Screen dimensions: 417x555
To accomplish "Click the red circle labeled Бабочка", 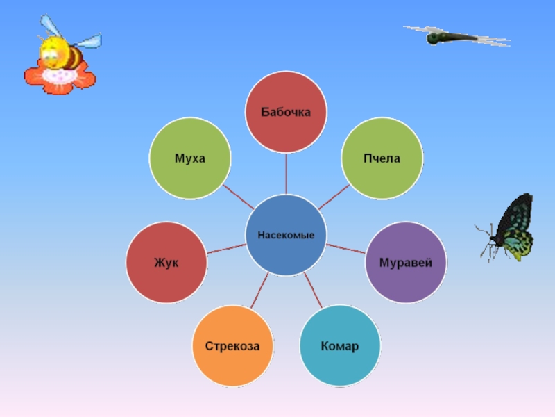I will [x=286, y=112].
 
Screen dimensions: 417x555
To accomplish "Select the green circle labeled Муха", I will [x=189, y=158].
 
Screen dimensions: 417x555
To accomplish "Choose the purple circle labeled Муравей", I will [x=406, y=263].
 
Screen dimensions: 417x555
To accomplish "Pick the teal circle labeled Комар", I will [x=339, y=345].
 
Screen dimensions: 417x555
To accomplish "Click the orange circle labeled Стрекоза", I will [x=232, y=345].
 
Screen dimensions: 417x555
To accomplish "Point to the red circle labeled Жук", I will [x=166, y=263].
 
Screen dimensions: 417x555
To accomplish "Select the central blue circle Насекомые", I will [x=286, y=235].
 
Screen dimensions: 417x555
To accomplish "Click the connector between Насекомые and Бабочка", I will [x=286, y=173].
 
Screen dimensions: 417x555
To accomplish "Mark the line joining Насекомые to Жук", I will [x=226, y=248].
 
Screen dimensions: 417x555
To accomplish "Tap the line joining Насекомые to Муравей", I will [x=345, y=248].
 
